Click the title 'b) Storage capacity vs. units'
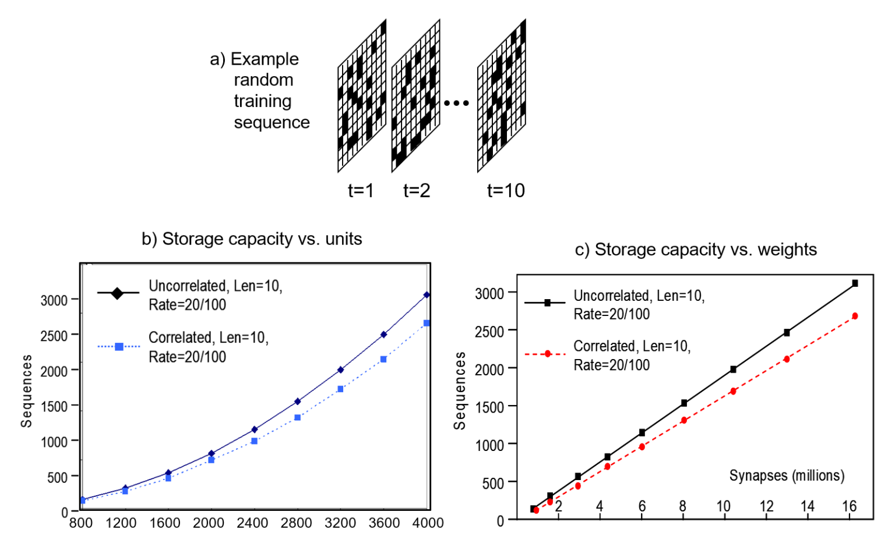252,239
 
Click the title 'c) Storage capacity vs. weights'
696,250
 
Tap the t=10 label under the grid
506,191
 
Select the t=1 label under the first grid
361,191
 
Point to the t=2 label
417,191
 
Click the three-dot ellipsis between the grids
456,104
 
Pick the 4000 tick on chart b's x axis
428,523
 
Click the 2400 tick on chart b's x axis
252,523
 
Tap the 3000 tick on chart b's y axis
54,300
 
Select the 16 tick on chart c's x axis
850,506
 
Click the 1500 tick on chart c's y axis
489,407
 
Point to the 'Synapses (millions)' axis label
787,475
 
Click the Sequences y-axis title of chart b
26,391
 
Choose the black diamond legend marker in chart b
117,293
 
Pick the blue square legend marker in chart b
119,347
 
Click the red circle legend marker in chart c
547,354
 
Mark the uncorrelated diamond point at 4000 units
427,295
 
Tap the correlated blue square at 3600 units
383,360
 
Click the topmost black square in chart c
855,283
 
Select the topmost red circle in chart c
855,316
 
